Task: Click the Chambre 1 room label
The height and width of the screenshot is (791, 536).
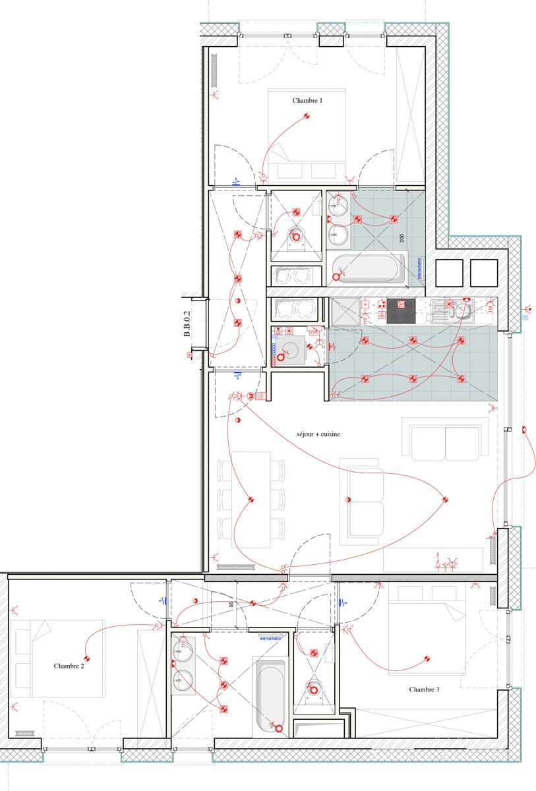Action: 307,101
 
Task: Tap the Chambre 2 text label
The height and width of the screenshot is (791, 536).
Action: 69,666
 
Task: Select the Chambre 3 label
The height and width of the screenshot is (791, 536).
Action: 424,689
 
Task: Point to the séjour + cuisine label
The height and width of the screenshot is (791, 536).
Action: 318,435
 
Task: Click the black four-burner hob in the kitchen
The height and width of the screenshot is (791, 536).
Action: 401,311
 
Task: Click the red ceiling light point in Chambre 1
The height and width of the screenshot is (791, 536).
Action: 307,117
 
